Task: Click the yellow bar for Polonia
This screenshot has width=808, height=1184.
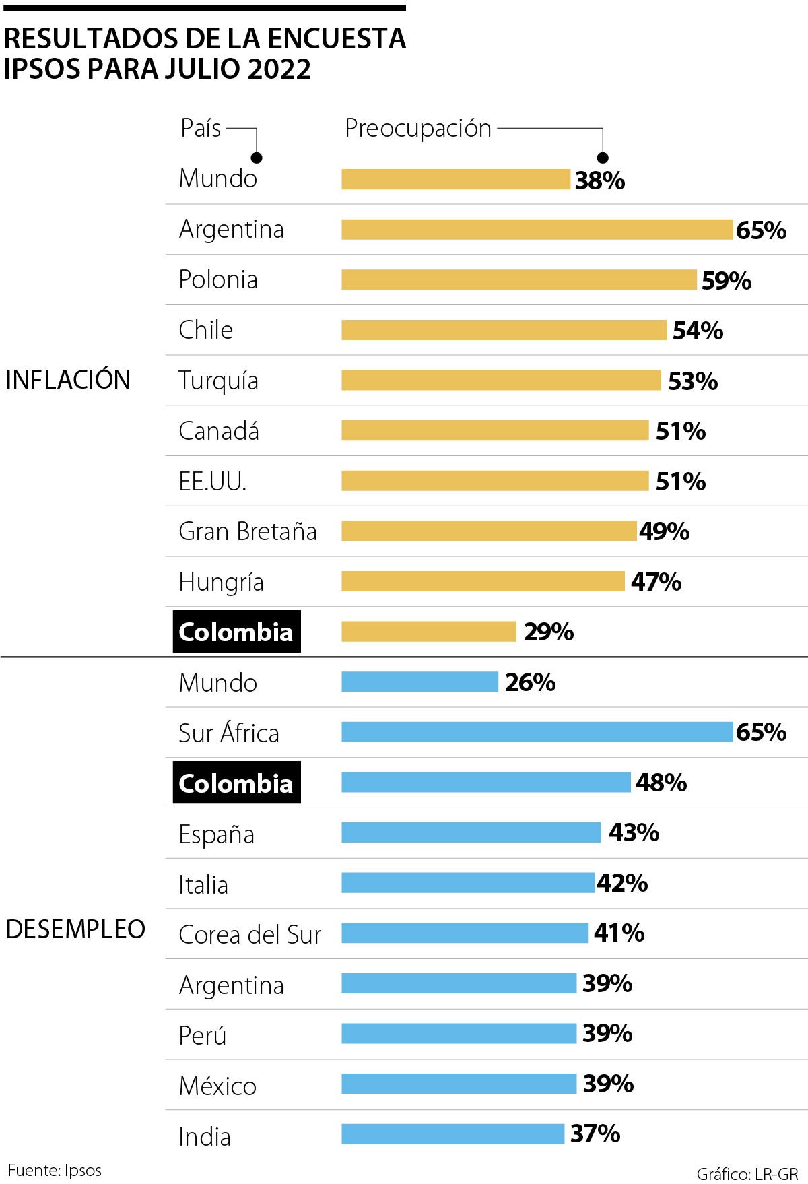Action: [x=518, y=279]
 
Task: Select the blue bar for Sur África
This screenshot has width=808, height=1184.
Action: [x=537, y=732]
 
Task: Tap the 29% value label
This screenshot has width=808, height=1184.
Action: [x=549, y=632]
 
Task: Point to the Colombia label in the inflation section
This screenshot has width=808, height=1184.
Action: [x=236, y=632]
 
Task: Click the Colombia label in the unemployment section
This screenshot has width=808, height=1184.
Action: [x=236, y=783]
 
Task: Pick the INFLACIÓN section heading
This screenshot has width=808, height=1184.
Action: [x=67, y=380]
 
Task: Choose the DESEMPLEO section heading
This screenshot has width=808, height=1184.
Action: [x=75, y=929]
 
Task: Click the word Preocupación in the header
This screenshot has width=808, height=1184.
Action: [x=418, y=128]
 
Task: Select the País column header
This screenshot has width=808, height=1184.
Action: [x=201, y=127]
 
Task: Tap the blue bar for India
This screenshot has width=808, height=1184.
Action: [x=452, y=1134]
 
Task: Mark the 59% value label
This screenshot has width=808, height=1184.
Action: [x=727, y=280]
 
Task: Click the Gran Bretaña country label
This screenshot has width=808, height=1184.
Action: [x=247, y=531]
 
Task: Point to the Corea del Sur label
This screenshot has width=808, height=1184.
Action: [x=250, y=934]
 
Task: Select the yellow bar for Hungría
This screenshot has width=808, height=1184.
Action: [x=483, y=581]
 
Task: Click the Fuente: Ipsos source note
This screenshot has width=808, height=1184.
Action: [x=55, y=1170]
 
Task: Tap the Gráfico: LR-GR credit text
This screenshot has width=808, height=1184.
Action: [x=747, y=1174]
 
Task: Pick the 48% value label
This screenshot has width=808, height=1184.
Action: [x=661, y=783]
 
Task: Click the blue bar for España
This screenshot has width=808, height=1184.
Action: [x=471, y=832]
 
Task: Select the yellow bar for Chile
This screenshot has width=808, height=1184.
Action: [x=504, y=330]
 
